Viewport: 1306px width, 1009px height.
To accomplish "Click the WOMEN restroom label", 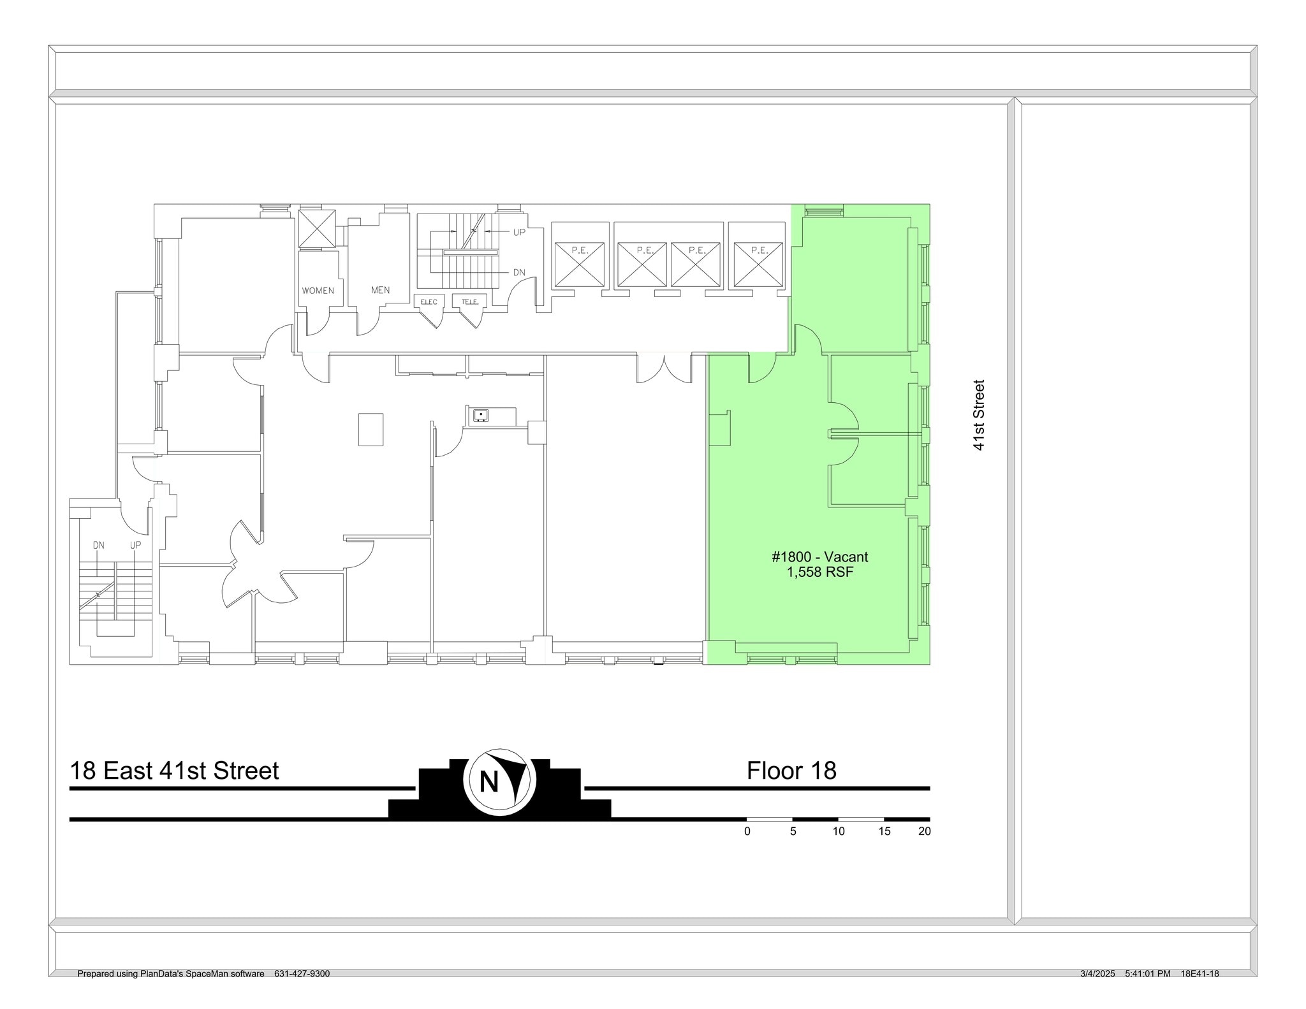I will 318,291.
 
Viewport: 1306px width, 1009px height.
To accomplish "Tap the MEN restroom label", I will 380,290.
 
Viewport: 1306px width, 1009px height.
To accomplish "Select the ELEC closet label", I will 429,301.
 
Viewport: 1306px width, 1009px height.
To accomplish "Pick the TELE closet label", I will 470,301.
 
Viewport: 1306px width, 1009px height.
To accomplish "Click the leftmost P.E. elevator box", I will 579,264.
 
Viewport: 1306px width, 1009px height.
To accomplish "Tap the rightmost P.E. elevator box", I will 758,264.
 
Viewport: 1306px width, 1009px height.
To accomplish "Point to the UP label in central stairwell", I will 519,232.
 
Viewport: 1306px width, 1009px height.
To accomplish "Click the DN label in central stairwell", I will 519,273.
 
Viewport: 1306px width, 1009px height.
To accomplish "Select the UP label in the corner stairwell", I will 135,546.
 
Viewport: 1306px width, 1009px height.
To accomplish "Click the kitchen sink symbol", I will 481,416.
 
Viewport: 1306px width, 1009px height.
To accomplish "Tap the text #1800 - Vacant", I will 819,557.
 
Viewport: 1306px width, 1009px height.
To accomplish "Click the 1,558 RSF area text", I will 819,572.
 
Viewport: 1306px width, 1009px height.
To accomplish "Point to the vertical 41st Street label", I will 979,416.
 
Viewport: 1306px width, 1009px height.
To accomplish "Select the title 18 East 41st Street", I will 174,771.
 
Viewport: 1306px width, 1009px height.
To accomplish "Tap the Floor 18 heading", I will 791,771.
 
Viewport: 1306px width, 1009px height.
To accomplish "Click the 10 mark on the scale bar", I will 838,831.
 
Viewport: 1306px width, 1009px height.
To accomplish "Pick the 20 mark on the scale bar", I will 924,831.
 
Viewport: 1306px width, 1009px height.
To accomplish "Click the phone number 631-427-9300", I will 302,974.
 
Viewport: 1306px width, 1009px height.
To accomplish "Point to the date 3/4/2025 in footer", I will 1097,974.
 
